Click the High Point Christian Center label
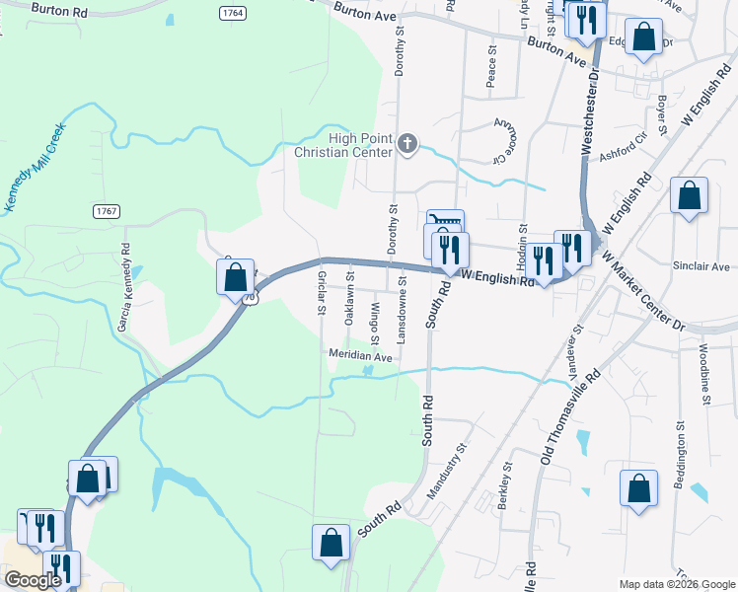[344, 145]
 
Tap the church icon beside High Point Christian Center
[406, 146]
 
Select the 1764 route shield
[233, 13]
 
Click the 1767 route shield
[108, 211]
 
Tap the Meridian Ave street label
[360, 355]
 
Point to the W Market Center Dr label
[642, 291]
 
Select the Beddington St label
[681, 460]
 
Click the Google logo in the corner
[33, 580]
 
